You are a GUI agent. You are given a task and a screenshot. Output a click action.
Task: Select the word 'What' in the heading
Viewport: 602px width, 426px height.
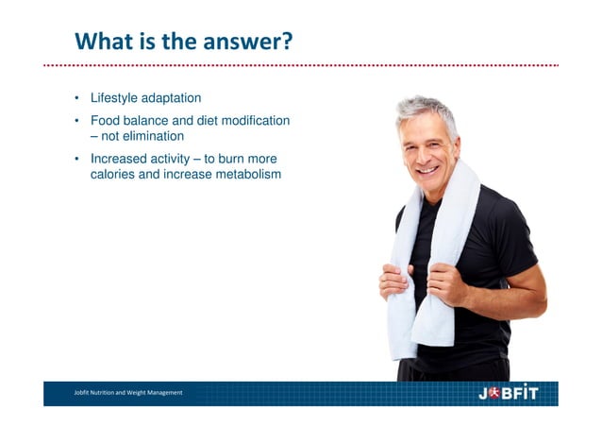pos(102,42)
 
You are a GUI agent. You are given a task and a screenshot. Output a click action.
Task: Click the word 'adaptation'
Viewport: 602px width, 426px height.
pos(172,98)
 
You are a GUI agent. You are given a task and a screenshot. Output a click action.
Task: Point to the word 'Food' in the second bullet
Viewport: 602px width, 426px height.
pos(105,121)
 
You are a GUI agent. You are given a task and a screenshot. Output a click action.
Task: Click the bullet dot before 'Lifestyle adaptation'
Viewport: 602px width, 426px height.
pos(78,99)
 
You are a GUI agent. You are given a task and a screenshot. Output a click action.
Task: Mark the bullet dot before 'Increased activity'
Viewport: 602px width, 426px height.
pos(78,159)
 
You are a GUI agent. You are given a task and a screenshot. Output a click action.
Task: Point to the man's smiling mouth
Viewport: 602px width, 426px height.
pos(429,171)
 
